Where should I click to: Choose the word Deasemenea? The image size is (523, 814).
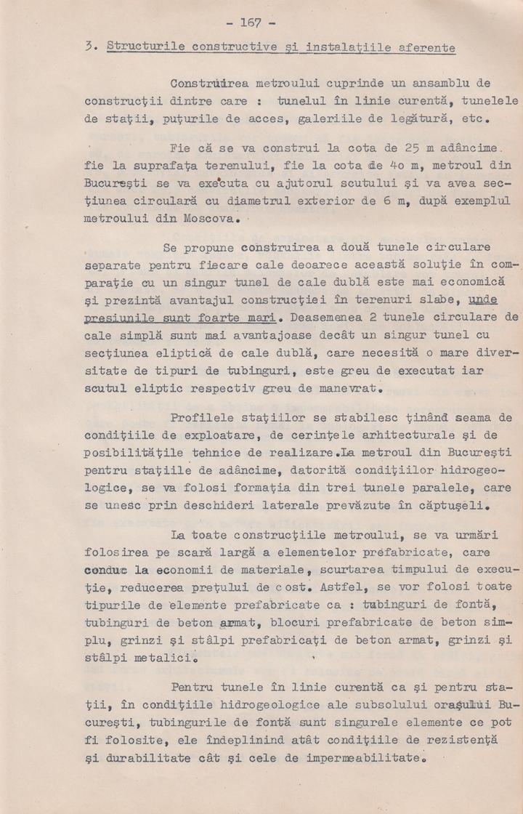pyautogui.click(x=332, y=318)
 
